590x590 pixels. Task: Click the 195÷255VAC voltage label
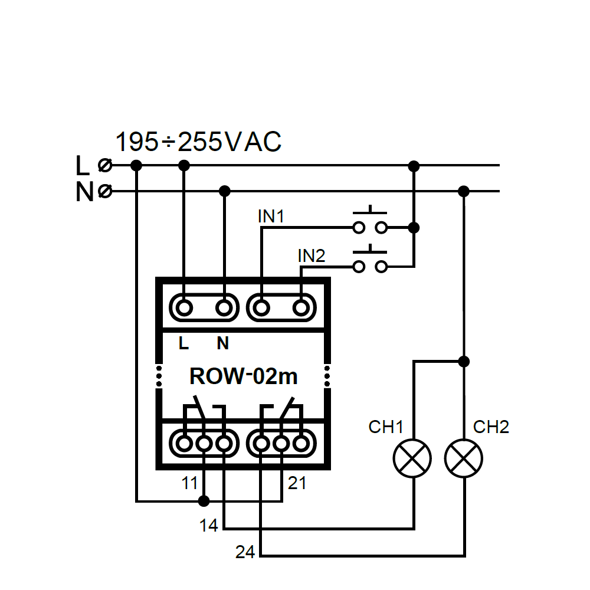coord(198,143)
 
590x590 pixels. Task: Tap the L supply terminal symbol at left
coord(106,165)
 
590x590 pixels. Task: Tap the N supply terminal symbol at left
coord(106,191)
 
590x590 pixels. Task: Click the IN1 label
coord(271,217)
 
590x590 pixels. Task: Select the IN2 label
coord(311,256)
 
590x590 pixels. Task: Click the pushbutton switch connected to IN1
coord(370,222)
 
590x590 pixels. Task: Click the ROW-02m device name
coord(244,376)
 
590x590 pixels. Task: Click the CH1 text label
coord(386,427)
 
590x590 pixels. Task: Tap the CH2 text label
coord(491,427)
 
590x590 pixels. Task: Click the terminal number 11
coord(189,484)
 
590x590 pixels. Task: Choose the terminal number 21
coord(297,484)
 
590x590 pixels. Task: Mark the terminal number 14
coord(209,525)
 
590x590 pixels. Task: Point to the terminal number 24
coord(245,553)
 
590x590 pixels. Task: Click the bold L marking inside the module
coord(183,343)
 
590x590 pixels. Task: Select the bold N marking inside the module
coord(222,343)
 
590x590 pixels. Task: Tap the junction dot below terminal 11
coord(204,501)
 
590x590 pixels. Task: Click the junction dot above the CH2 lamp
coord(464,360)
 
